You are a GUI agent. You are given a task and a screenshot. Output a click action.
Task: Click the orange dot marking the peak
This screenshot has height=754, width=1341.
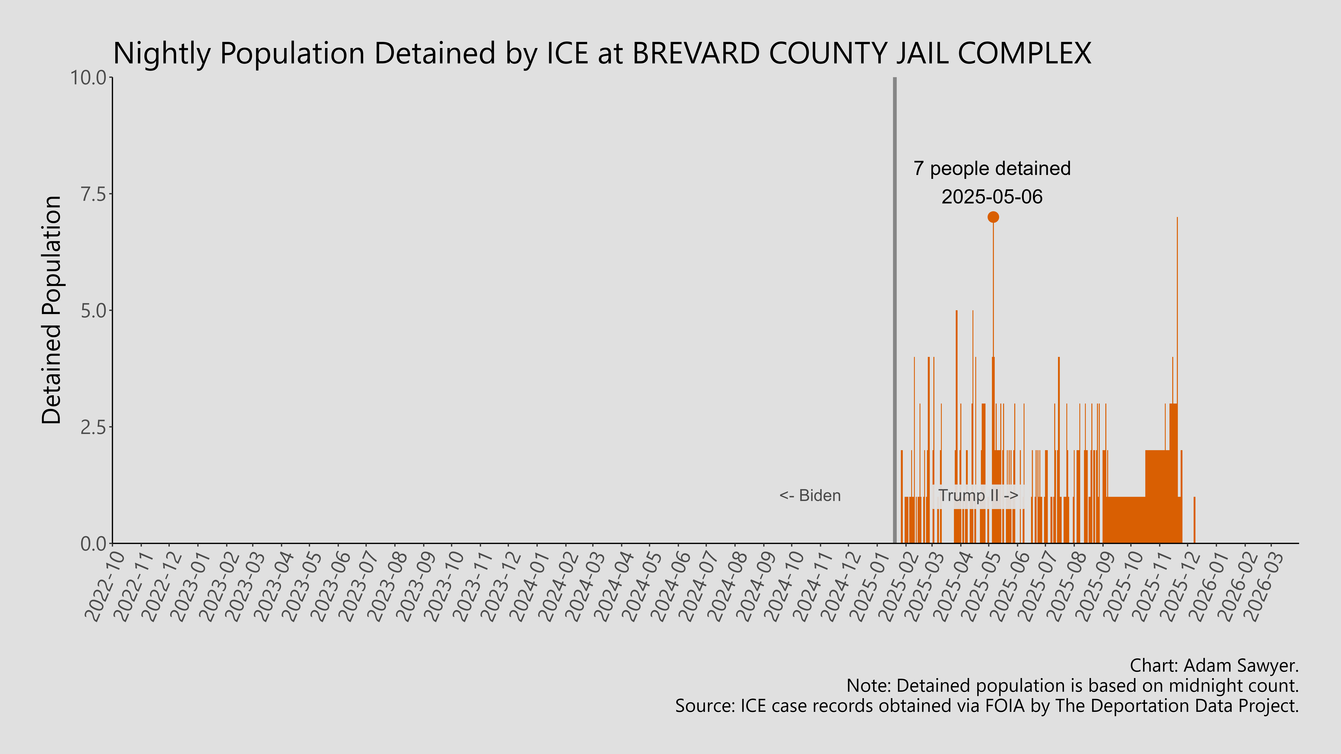[x=993, y=217]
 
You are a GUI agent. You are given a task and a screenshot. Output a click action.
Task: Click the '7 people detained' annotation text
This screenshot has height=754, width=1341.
[x=992, y=169]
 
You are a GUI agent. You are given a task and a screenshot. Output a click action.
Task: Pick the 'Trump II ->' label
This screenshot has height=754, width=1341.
[x=978, y=495]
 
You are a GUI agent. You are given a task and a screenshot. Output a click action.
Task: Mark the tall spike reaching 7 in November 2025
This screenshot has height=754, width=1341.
[x=1177, y=312]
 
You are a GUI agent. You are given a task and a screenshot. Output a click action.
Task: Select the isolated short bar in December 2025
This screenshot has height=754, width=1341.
[x=1194, y=520]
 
